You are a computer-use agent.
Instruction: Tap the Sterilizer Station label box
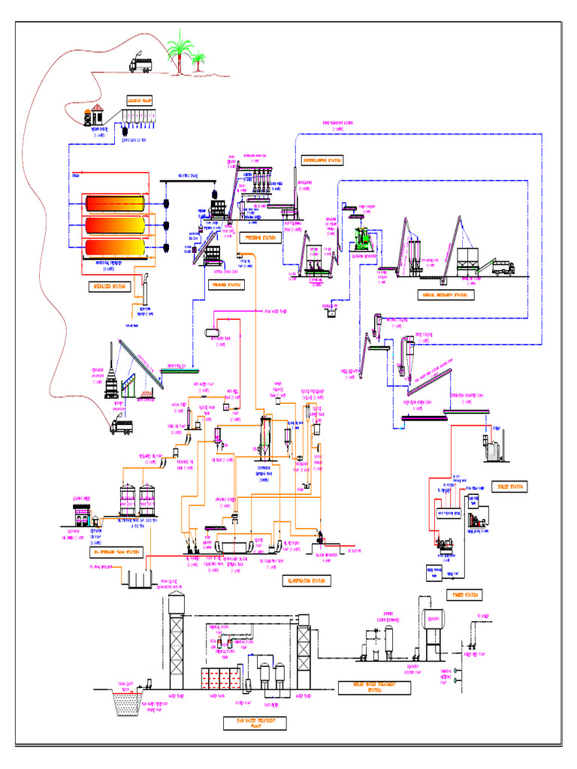pos(107,287)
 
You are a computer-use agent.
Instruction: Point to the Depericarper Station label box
pos(322,160)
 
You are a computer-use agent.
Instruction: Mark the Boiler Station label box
pos(509,487)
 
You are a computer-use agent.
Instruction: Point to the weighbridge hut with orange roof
pos(93,116)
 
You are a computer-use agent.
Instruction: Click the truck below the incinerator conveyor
pos(121,427)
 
